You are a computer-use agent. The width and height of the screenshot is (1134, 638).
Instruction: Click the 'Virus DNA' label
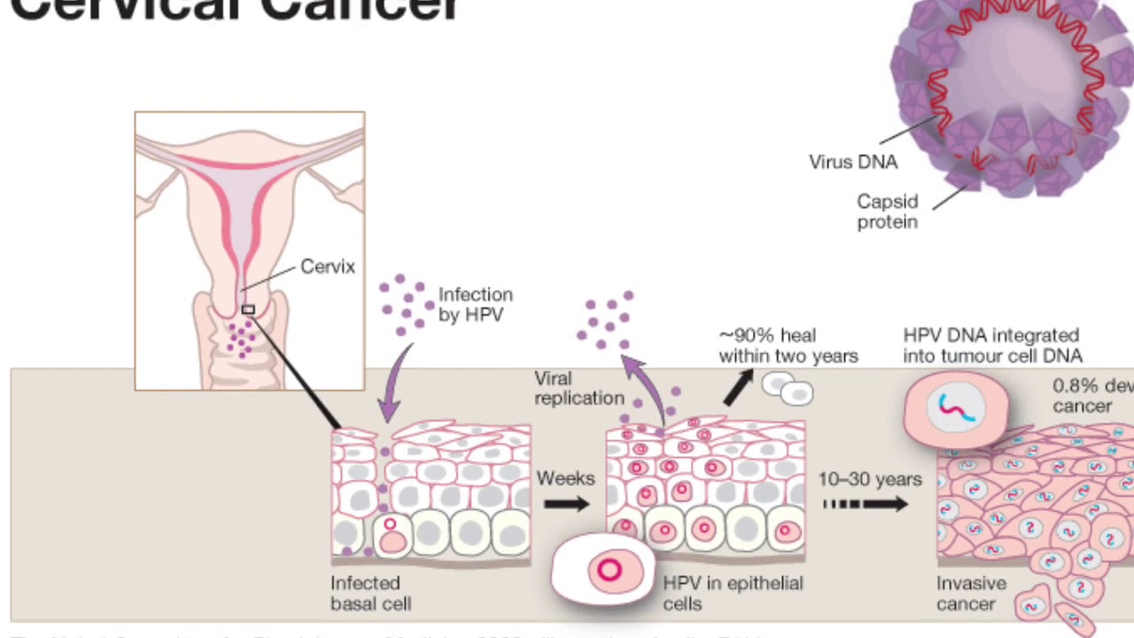pyautogui.click(x=852, y=162)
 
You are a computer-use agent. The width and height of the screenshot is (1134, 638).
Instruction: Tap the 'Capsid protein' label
pyautogui.click(x=887, y=212)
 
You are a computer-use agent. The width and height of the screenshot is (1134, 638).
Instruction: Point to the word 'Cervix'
pyautogui.click(x=327, y=267)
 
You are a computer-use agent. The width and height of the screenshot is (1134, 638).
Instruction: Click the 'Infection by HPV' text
pyautogui.click(x=475, y=304)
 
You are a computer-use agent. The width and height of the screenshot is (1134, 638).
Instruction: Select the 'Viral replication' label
pyautogui.click(x=579, y=388)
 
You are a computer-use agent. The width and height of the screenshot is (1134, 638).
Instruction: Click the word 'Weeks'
pyautogui.click(x=565, y=478)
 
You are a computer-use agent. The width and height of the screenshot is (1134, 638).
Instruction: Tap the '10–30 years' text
pyautogui.click(x=869, y=479)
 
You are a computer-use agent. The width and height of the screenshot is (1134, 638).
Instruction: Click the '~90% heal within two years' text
pyautogui.click(x=788, y=346)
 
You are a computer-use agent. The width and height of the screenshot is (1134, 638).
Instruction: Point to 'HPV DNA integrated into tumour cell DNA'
pyautogui.click(x=991, y=346)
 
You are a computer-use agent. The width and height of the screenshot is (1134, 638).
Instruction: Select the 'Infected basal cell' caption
pyautogui.click(x=369, y=593)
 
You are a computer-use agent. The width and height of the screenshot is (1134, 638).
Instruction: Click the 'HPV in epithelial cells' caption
pyautogui.click(x=733, y=593)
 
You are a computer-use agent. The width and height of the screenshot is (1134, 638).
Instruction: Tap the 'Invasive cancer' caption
pyautogui.click(x=971, y=594)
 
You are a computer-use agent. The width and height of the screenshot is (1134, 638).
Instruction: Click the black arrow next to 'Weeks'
pyautogui.click(x=566, y=504)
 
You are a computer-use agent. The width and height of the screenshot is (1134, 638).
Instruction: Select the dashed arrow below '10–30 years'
pyautogui.click(x=865, y=504)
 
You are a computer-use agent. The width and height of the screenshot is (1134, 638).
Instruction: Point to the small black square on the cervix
pyautogui.click(x=248, y=309)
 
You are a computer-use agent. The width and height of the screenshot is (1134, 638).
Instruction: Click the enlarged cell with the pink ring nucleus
pyautogui.click(x=603, y=569)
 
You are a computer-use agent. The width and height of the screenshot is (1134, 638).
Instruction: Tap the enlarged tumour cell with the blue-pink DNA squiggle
pyautogui.click(x=956, y=408)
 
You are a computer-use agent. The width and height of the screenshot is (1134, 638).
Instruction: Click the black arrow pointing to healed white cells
pyautogui.click(x=737, y=387)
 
